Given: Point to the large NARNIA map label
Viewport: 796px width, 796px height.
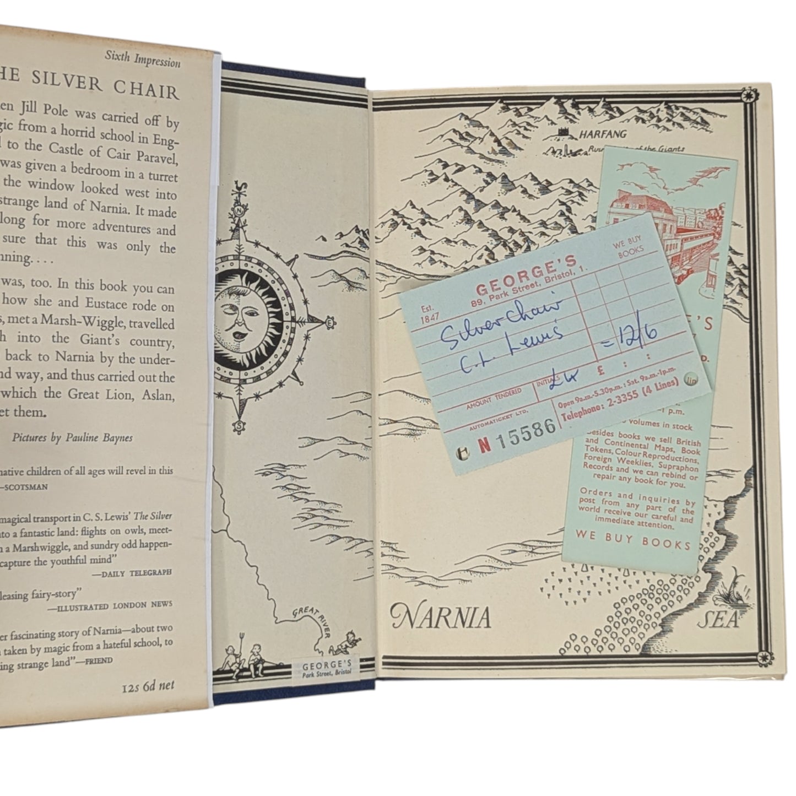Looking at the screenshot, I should tap(440, 618).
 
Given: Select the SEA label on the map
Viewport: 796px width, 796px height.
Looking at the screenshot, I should tap(717, 621).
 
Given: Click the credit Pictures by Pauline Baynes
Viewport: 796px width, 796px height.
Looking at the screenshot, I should tap(72, 438).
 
